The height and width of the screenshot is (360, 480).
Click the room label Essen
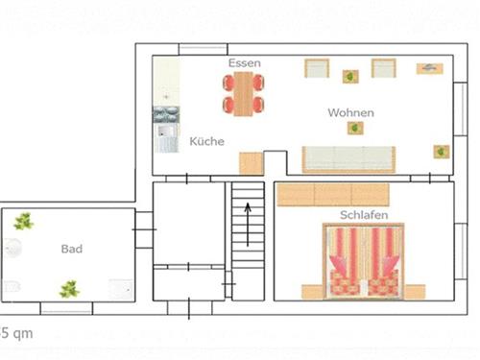pyautogui.click(x=245, y=63)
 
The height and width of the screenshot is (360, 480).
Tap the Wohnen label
pyautogui.click(x=350, y=112)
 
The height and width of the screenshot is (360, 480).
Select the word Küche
pyautogui.click(x=206, y=141)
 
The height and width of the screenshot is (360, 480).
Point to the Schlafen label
pyautogui.click(x=364, y=215)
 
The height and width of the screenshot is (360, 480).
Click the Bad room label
pyautogui.click(x=72, y=249)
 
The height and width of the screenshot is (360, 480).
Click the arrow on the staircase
pyautogui.click(x=248, y=225)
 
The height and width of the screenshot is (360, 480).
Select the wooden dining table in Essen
pyautogui.click(x=244, y=93)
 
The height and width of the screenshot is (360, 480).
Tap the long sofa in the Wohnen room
pyautogui.click(x=348, y=159)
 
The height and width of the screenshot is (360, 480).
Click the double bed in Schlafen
pyautogui.click(x=364, y=261)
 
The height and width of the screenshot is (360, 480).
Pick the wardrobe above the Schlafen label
pyautogui.click(x=333, y=195)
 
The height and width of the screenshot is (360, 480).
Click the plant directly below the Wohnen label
pyautogui.click(x=355, y=128)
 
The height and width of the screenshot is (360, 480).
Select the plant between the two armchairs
pyautogui.click(x=350, y=77)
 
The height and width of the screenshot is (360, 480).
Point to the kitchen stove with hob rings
pyautogui.click(x=166, y=114)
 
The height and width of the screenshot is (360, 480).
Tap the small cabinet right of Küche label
pyautogui.click(x=252, y=163)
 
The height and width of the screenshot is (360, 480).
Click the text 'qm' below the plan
pyautogui.click(x=22, y=334)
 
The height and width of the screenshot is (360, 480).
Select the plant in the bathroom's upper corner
pyautogui.click(x=23, y=221)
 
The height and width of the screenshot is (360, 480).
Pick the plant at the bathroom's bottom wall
pyautogui.click(x=69, y=289)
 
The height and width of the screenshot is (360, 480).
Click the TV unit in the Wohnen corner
pyautogui.click(x=430, y=68)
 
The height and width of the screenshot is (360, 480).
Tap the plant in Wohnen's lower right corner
pyautogui.click(x=442, y=152)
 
